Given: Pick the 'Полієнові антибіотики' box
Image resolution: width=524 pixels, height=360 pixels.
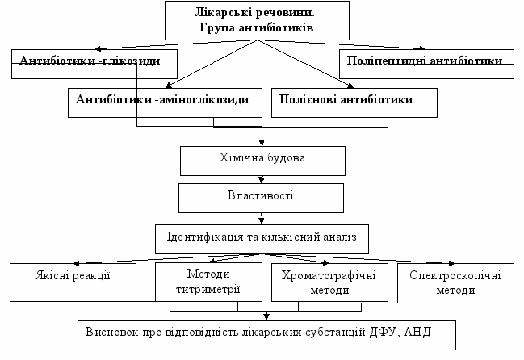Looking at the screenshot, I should point(354,101).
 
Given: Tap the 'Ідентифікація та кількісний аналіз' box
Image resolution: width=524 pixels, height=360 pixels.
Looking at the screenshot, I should point(262,237).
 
